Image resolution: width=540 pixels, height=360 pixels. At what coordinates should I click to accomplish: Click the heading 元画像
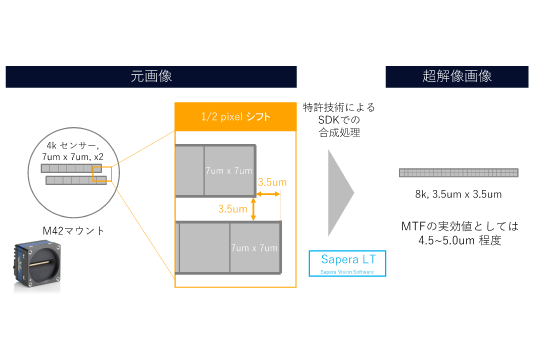151,77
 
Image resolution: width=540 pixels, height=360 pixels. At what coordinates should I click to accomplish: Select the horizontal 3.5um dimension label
272,182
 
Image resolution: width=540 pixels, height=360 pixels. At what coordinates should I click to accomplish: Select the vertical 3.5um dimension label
233,209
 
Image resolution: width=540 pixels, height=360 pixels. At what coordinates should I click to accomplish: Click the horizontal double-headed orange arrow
267,194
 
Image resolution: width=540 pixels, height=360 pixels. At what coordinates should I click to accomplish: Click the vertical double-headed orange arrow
254,208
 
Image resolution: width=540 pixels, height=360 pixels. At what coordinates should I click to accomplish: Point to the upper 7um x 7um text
228,171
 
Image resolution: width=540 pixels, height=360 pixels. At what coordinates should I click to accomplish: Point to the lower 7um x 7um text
254,247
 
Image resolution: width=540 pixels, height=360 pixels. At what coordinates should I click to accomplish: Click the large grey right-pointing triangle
340,193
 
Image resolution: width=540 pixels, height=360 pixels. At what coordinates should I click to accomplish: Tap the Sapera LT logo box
346,263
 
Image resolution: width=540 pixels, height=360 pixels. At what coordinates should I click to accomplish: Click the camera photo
36,266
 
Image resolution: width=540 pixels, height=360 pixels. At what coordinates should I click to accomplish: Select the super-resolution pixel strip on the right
458,173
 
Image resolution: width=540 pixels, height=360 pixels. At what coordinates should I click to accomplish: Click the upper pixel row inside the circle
71,168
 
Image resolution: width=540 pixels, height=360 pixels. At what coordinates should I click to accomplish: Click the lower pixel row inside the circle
76,180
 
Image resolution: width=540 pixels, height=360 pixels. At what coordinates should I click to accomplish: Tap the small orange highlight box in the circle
100,175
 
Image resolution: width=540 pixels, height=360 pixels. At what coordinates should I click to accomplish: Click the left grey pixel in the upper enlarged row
188,171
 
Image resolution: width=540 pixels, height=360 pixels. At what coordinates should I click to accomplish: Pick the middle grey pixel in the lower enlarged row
204,247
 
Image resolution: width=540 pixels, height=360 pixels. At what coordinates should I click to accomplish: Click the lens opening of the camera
44,268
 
